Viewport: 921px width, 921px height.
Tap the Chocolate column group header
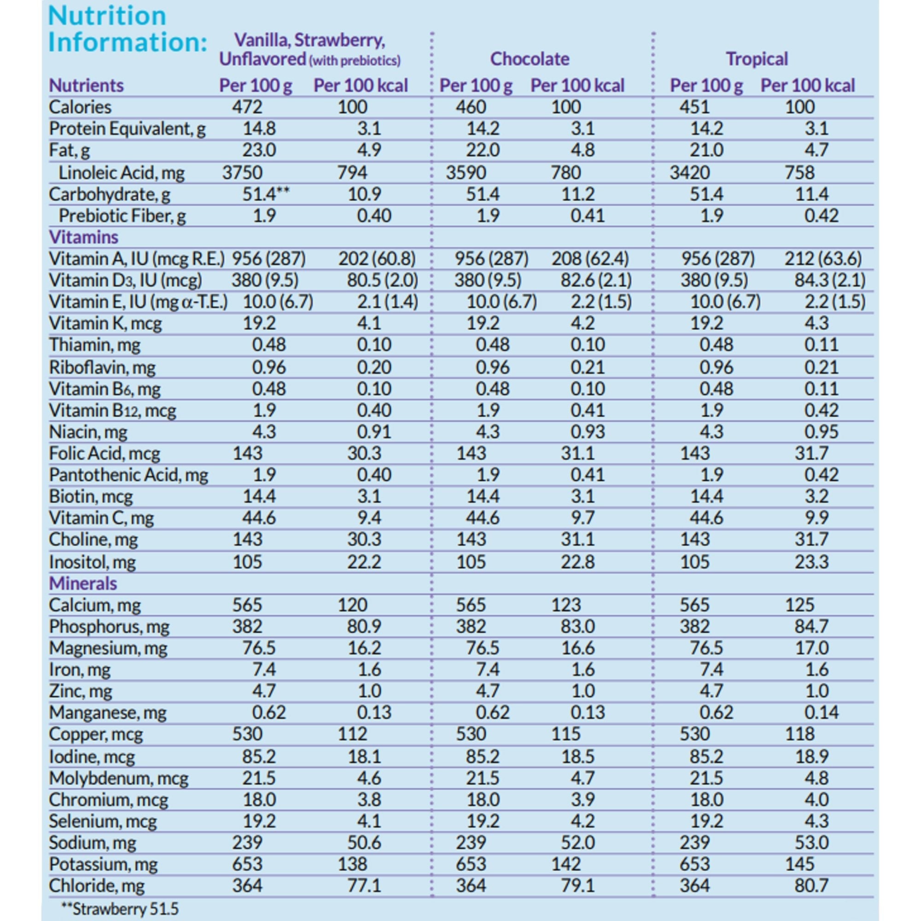(x=530, y=59)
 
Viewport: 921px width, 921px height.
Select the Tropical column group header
(x=757, y=59)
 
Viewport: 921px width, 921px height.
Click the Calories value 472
(x=247, y=107)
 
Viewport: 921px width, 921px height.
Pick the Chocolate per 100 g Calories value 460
(x=471, y=107)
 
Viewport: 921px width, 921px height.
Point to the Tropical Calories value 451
(x=694, y=107)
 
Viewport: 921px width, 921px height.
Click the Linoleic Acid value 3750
(x=242, y=173)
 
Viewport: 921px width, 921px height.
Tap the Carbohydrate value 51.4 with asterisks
(x=266, y=194)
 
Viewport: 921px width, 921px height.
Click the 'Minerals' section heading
(x=82, y=583)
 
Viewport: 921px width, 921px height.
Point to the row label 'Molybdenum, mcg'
(x=119, y=778)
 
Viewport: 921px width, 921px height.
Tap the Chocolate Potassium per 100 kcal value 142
(x=566, y=864)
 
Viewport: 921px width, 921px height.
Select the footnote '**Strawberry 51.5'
(x=120, y=909)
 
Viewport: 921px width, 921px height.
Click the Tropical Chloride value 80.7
(x=811, y=885)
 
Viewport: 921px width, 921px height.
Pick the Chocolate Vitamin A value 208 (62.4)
(x=590, y=259)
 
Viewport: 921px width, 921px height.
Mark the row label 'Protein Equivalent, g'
(x=127, y=129)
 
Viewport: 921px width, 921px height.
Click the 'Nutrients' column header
(x=86, y=86)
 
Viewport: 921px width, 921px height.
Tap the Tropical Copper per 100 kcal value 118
(x=799, y=734)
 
